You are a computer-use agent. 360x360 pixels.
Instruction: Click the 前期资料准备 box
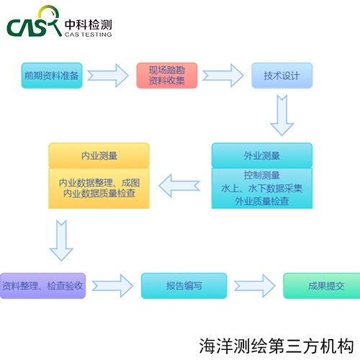pyautogui.click(x=52, y=76)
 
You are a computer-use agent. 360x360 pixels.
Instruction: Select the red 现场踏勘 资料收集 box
pyautogui.click(x=167, y=76)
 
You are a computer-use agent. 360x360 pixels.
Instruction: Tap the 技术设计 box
pyautogui.click(x=282, y=76)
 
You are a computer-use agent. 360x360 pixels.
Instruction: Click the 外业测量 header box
pyautogui.click(x=262, y=156)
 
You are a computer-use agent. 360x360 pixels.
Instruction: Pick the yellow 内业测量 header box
pyautogui.click(x=99, y=156)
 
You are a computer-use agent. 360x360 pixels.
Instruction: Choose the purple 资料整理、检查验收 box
pyautogui.click(x=42, y=286)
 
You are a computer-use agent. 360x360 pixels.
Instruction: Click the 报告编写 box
pyautogui.click(x=184, y=286)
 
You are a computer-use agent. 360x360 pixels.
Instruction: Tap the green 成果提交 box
pyautogui.click(x=322, y=286)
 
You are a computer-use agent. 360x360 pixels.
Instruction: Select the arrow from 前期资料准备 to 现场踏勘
pyautogui.click(x=108, y=76)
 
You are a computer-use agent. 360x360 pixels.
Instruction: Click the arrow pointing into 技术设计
pyautogui.click(x=223, y=76)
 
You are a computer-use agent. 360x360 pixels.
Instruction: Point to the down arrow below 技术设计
pyautogui.click(x=282, y=115)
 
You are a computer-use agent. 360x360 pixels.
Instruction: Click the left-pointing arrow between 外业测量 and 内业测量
pyautogui.click(x=179, y=186)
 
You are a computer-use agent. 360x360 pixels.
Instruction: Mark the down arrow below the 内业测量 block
pyautogui.click(x=61, y=240)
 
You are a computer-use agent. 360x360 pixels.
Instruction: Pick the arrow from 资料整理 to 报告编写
pyautogui.click(x=112, y=286)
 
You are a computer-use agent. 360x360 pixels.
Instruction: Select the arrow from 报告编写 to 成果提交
pyautogui.click(x=255, y=286)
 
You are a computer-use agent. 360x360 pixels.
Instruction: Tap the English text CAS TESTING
pyautogui.click(x=88, y=35)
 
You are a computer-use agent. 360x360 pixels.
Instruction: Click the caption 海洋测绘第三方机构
pyautogui.click(x=276, y=346)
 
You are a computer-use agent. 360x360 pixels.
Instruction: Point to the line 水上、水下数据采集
pyautogui.click(x=262, y=189)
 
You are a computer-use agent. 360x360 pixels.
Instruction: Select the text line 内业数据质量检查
pyautogui.click(x=99, y=194)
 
